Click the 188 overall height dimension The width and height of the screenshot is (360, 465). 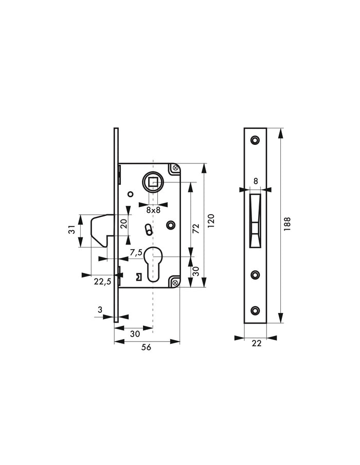287,226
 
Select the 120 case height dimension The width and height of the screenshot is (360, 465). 211,219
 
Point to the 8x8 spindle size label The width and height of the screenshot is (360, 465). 153,210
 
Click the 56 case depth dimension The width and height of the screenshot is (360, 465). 146,348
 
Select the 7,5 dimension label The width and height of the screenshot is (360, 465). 136,252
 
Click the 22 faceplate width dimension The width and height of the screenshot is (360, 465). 256,343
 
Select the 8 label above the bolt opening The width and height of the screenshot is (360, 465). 255,181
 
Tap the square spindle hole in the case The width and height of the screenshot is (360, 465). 153,181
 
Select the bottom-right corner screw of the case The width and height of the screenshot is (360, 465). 174,282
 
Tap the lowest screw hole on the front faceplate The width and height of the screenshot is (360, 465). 255,310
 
